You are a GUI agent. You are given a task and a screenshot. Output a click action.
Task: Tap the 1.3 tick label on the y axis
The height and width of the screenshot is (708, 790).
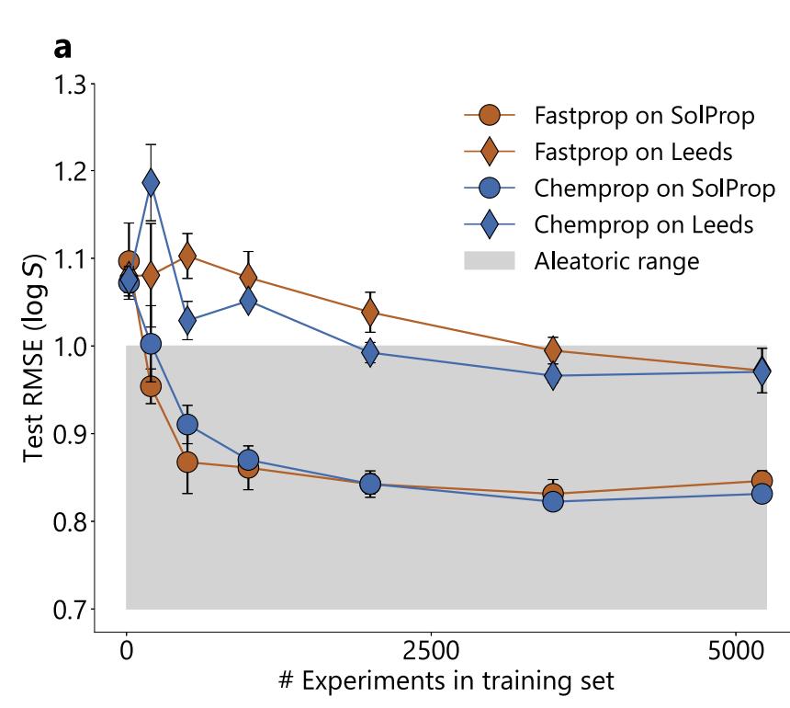tap(65, 85)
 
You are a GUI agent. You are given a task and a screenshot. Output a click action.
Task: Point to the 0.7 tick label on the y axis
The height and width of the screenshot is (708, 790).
tap(65, 609)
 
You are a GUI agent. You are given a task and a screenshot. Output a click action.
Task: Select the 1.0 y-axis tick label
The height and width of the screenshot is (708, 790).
tap(65, 347)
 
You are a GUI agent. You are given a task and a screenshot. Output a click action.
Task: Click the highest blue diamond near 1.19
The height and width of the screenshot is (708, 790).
tap(151, 183)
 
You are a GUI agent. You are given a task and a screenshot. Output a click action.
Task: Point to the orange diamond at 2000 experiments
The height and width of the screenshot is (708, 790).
tap(370, 313)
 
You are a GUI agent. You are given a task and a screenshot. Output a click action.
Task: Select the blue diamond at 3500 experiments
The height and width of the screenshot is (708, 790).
tap(553, 375)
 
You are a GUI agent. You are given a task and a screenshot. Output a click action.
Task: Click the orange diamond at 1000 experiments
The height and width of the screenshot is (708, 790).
tap(248, 277)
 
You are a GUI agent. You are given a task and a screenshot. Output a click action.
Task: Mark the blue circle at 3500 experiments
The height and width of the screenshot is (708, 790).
tap(553, 501)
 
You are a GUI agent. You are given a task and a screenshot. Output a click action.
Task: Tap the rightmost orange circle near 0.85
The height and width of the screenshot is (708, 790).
tap(762, 481)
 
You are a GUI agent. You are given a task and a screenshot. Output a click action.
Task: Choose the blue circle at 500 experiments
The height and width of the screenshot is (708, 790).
tap(187, 425)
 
